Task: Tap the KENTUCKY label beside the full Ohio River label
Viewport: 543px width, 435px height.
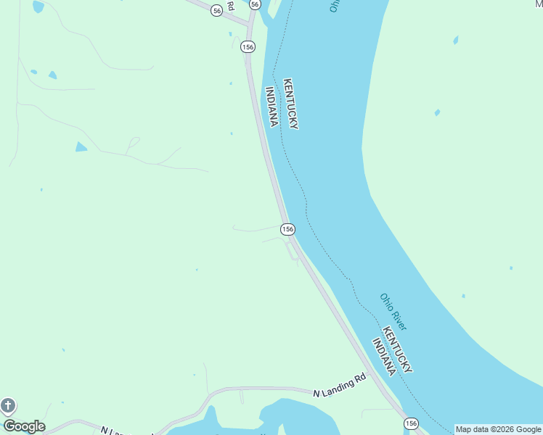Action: [x=397, y=349]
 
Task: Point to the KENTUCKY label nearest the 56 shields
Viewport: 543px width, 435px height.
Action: [x=290, y=104]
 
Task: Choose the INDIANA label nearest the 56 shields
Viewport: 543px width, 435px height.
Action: [x=271, y=107]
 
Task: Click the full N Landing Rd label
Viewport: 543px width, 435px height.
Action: [x=340, y=385]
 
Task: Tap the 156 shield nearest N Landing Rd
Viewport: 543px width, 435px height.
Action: [x=412, y=423]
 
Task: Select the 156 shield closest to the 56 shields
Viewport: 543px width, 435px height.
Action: [x=249, y=46]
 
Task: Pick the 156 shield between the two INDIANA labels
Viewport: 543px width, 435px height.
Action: [x=287, y=229]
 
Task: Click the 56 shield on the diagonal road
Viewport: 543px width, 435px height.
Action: [x=216, y=10]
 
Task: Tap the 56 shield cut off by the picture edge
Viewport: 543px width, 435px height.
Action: [x=254, y=4]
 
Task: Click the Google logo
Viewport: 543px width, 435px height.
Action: [x=24, y=426]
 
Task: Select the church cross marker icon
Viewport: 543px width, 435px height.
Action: [x=8, y=405]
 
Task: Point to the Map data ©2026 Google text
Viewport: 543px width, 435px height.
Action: [x=498, y=429]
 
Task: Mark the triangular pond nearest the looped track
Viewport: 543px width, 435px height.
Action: [x=81, y=147]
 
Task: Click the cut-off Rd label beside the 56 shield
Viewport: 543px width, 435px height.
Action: [x=230, y=5]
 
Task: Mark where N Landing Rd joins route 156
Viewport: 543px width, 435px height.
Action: [x=371, y=374]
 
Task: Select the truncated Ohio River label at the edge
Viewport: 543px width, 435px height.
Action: [x=334, y=6]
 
